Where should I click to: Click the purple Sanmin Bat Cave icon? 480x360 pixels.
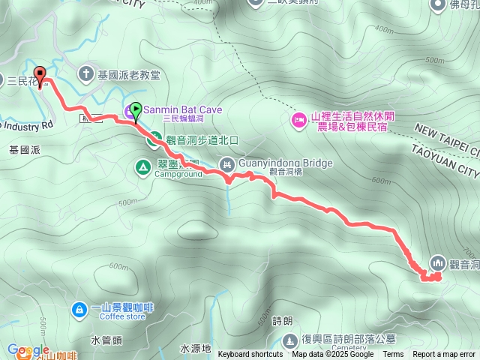click(x=128, y=114)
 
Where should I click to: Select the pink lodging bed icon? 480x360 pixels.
click(x=299, y=120)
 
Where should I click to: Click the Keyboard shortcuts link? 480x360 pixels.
click(x=250, y=355)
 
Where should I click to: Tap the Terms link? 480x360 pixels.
click(x=393, y=355)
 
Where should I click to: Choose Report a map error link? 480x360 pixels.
click(x=445, y=355)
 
